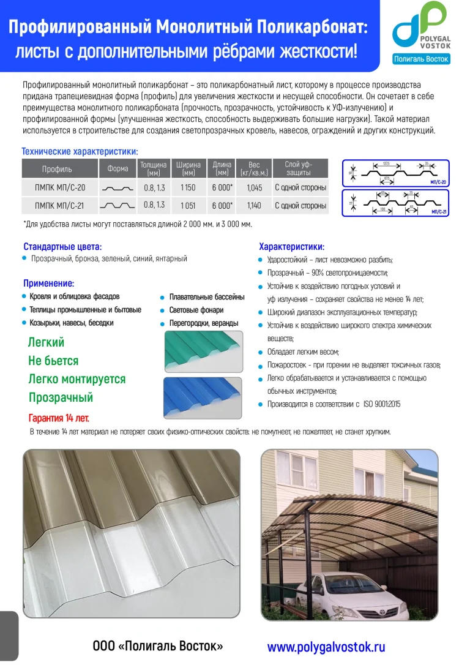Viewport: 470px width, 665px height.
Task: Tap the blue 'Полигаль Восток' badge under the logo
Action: click(x=420, y=59)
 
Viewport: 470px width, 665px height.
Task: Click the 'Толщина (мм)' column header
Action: click(x=154, y=168)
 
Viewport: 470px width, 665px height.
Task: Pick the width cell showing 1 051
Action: click(x=188, y=206)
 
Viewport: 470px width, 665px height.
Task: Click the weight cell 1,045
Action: click(x=254, y=188)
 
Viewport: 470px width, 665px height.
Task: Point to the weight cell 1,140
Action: click(x=254, y=206)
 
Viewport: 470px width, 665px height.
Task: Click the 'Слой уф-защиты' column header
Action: click(x=299, y=168)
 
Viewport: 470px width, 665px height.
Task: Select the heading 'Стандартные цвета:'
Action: click(x=62, y=247)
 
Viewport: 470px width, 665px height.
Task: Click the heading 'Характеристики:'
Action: click(x=291, y=247)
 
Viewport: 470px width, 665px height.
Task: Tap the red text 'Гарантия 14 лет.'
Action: click(x=59, y=418)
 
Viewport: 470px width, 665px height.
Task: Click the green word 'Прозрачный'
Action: click(x=61, y=397)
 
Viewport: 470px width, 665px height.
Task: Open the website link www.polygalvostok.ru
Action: click(x=326, y=647)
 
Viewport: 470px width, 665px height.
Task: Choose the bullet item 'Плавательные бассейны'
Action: click(x=206, y=297)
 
